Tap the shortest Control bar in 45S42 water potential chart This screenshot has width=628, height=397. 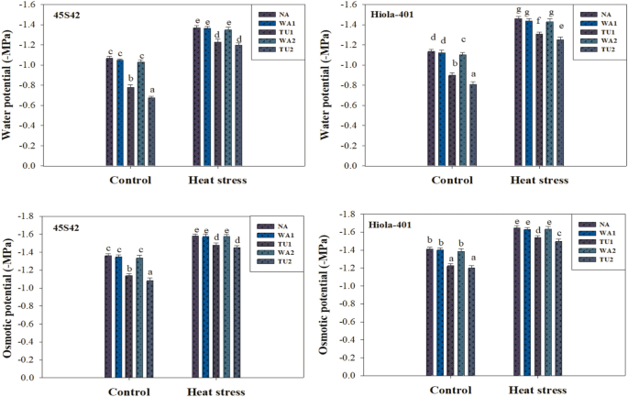(151, 132)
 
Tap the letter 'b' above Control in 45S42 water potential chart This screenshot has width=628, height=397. (130, 79)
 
